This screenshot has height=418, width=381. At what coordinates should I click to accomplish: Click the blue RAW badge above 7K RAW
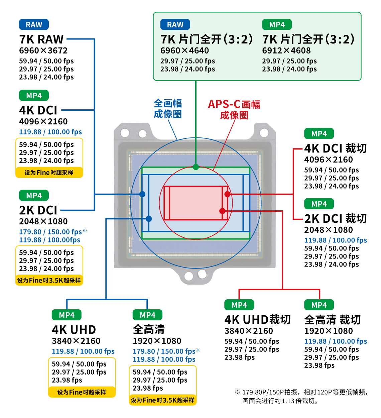[x=34, y=25]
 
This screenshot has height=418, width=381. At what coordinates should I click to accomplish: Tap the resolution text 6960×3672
[x=43, y=50]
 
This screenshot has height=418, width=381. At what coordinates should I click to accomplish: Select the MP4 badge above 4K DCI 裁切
[x=319, y=133]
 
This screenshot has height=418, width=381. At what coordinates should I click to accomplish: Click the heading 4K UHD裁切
[x=257, y=319]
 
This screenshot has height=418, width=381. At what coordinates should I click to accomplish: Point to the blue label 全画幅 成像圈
[x=168, y=109]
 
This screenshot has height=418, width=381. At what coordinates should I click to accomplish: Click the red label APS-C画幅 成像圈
[x=234, y=110]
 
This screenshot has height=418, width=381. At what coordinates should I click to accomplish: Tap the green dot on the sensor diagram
[x=196, y=167]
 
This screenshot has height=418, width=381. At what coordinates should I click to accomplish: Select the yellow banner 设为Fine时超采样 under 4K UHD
[x=82, y=392]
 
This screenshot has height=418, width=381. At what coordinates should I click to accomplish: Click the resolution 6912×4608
[x=286, y=50]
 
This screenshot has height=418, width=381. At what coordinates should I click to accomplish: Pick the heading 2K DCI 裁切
[x=335, y=219]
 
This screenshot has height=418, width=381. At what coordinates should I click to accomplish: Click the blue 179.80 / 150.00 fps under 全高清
[x=164, y=351]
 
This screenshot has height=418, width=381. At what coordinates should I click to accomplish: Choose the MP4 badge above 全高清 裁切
[x=319, y=305]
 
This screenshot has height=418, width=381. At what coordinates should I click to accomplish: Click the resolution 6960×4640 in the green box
[x=184, y=50]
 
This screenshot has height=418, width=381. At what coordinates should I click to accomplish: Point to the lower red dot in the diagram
[x=222, y=211]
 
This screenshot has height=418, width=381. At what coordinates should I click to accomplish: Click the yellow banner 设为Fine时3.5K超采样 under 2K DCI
[x=49, y=280]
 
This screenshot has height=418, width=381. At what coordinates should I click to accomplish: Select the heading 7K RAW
[x=41, y=39]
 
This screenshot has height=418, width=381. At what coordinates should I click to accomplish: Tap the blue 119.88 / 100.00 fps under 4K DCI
[x=50, y=132]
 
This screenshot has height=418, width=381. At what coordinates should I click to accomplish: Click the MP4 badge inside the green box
[x=277, y=25]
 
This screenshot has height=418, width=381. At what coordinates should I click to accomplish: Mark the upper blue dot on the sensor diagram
[x=142, y=194]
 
